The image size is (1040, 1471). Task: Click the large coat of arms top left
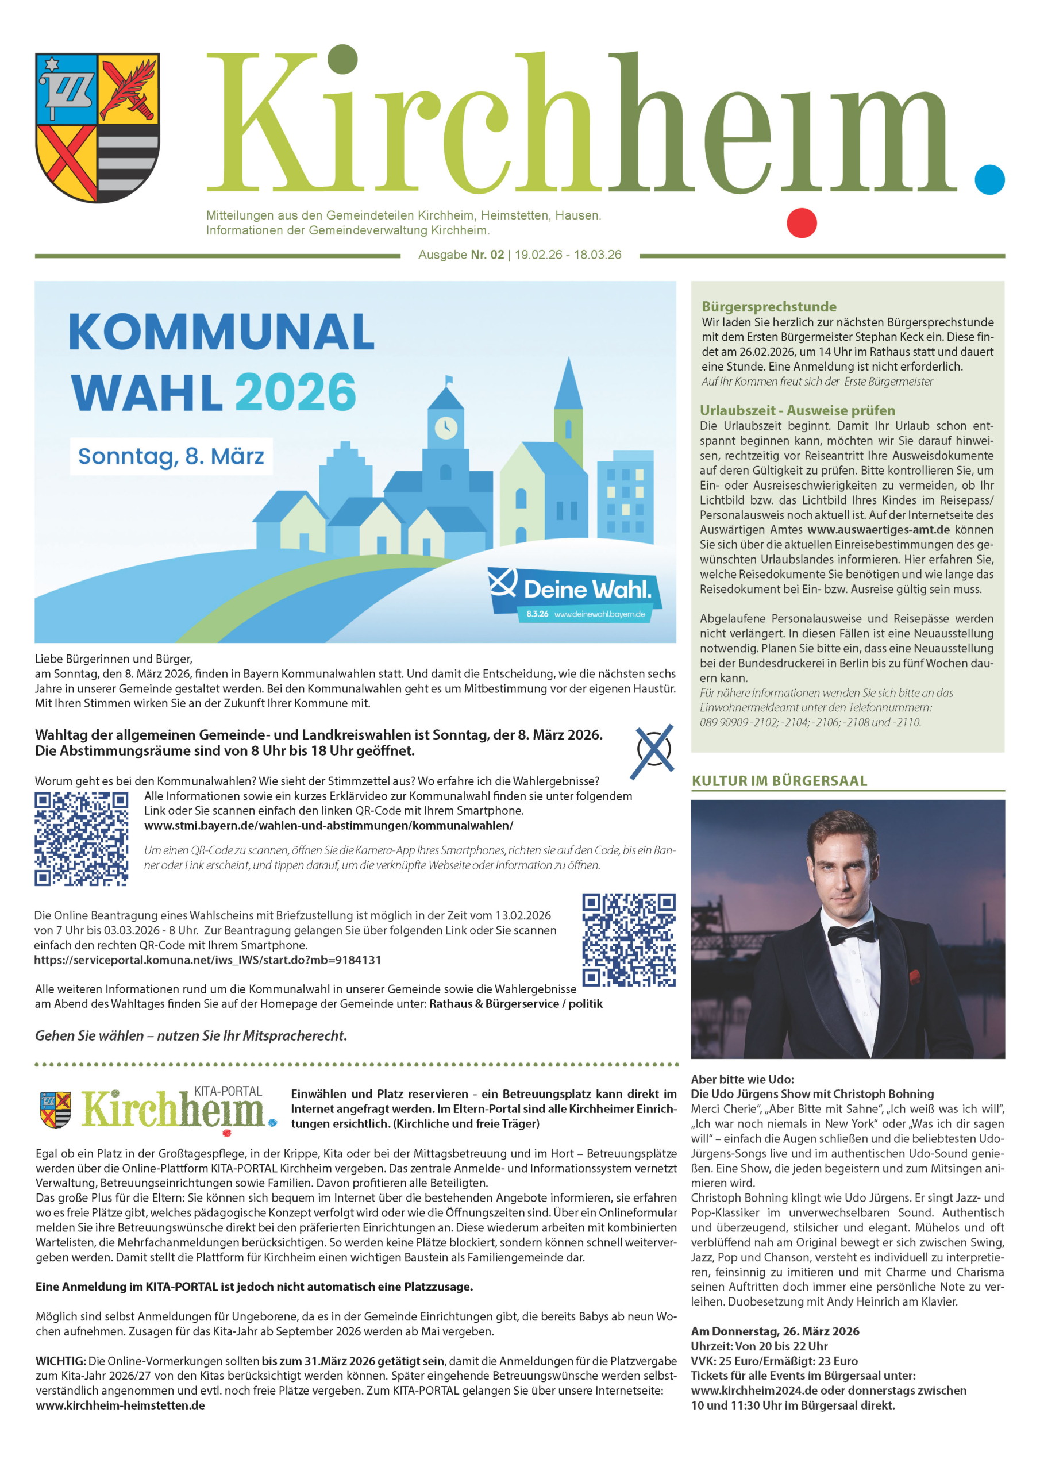97,127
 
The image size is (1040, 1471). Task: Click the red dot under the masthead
801,223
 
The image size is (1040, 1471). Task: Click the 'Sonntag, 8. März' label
171,456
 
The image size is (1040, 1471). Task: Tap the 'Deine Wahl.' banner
575,592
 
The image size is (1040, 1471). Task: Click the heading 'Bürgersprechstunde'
769,306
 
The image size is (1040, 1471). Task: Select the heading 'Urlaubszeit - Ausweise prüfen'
797,410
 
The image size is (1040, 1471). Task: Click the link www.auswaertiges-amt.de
878,530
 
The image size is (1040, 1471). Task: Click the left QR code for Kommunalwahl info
82,839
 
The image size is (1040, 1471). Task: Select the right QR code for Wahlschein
629,940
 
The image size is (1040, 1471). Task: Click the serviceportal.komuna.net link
207,960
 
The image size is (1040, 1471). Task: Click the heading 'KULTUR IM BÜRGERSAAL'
779,780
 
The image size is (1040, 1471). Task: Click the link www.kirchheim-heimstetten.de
121,1405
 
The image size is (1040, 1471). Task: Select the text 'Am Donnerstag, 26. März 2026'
775,1331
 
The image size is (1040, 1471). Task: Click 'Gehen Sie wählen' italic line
191,1035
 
